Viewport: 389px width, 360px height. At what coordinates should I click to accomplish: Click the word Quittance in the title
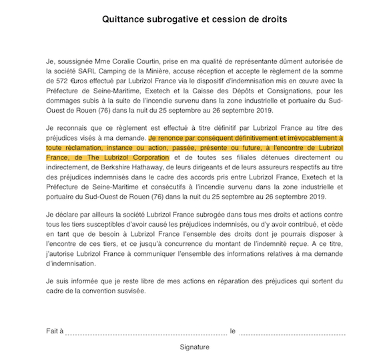tap(125, 19)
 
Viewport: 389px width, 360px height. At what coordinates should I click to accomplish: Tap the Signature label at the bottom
tap(194, 347)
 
